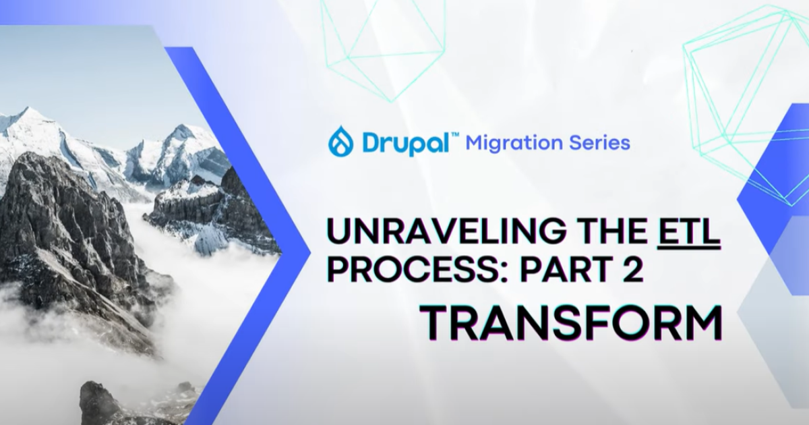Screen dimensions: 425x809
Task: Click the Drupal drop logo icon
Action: [340, 142]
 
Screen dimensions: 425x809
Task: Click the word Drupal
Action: [405, 142]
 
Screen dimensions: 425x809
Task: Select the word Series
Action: [600, 143]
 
